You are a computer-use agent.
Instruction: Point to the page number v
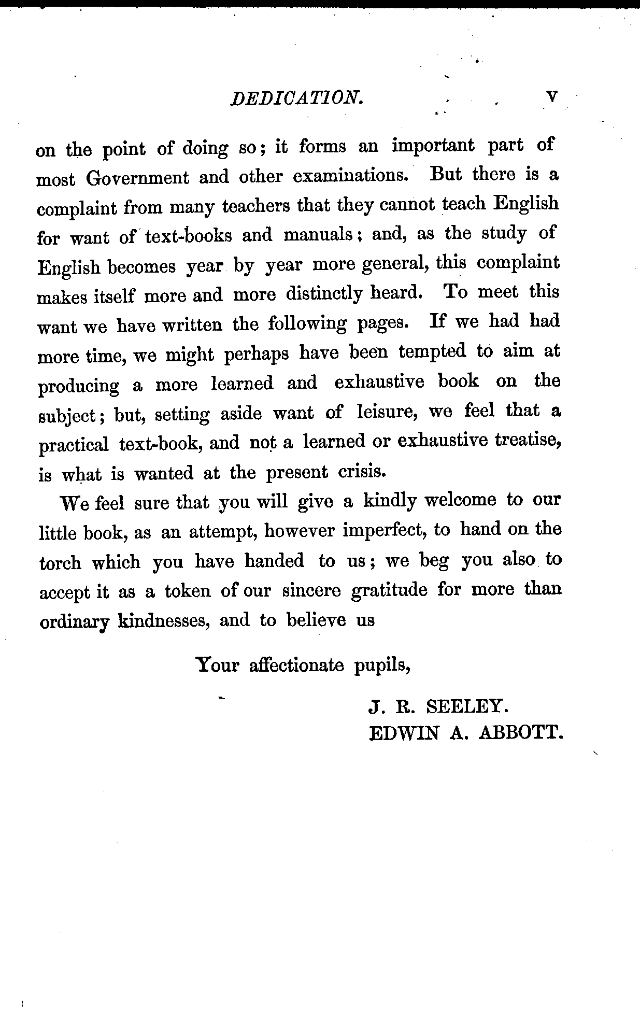point(552,97)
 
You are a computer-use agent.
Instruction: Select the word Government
point(138,178)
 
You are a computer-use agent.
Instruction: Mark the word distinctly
point(324,294)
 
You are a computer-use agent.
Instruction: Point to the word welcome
point(460,501)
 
